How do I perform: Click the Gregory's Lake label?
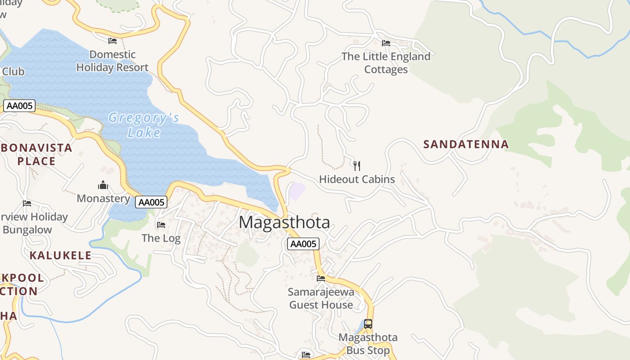[144, 125]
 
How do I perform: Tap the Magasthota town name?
[284, 222]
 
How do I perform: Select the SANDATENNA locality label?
[466, 144]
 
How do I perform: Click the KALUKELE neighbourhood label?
[60, 256]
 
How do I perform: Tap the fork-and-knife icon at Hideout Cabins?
[357, 166]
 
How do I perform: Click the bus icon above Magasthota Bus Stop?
[368, 324]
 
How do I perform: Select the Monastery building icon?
[103, 185]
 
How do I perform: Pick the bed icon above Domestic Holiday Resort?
[112, 41]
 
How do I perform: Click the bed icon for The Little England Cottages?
[386, 43]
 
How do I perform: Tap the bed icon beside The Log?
[161, 225]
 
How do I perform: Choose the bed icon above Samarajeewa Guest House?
[321, 278]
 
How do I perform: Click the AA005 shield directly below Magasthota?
[303, 244]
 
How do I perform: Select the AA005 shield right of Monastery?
[151, 202]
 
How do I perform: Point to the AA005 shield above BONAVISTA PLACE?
[19, 106]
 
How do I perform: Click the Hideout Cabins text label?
[357, 179]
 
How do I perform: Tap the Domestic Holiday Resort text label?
[112, 61]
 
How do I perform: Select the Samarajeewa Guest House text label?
[321, 298]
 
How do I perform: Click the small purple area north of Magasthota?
[297, 191]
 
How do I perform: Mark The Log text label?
[161, 238]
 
